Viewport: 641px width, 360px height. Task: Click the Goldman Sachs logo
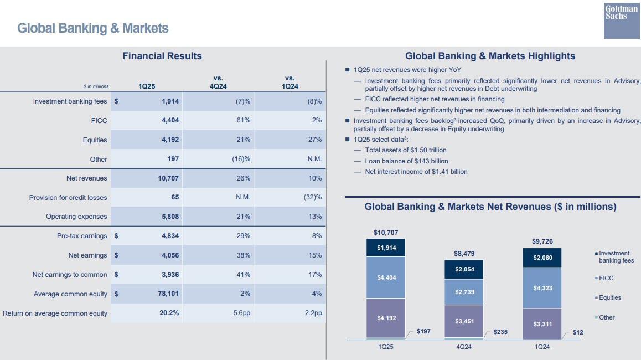[622, 20]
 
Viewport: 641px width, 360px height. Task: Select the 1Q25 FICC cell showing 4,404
[170, 120]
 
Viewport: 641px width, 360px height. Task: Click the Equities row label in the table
[95, 140]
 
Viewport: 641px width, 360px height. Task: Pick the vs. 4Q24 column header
[218, 83]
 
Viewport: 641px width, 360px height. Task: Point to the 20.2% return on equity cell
[169, 313]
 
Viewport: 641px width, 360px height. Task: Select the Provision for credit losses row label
[68, 198]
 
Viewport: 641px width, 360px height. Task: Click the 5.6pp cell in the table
[242, 313]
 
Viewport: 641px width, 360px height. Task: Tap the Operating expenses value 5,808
[170, 217]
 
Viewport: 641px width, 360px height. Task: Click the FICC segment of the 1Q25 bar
[386, 277]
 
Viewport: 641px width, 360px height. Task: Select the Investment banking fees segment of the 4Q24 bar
[464, 269]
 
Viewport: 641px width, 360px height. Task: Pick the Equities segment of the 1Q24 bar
[542, 323]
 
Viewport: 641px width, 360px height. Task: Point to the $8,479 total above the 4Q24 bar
[464, 254]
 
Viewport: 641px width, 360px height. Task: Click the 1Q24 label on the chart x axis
[542, 347]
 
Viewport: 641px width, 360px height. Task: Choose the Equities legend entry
[609, 298]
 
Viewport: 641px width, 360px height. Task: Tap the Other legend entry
[606, 318]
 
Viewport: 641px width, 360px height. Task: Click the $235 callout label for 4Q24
[500, 332]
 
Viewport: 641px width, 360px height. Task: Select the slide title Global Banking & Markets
[93, 28]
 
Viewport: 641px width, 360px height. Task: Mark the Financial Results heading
[162, 56]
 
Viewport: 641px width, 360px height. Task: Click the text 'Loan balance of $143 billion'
[406, 161]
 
